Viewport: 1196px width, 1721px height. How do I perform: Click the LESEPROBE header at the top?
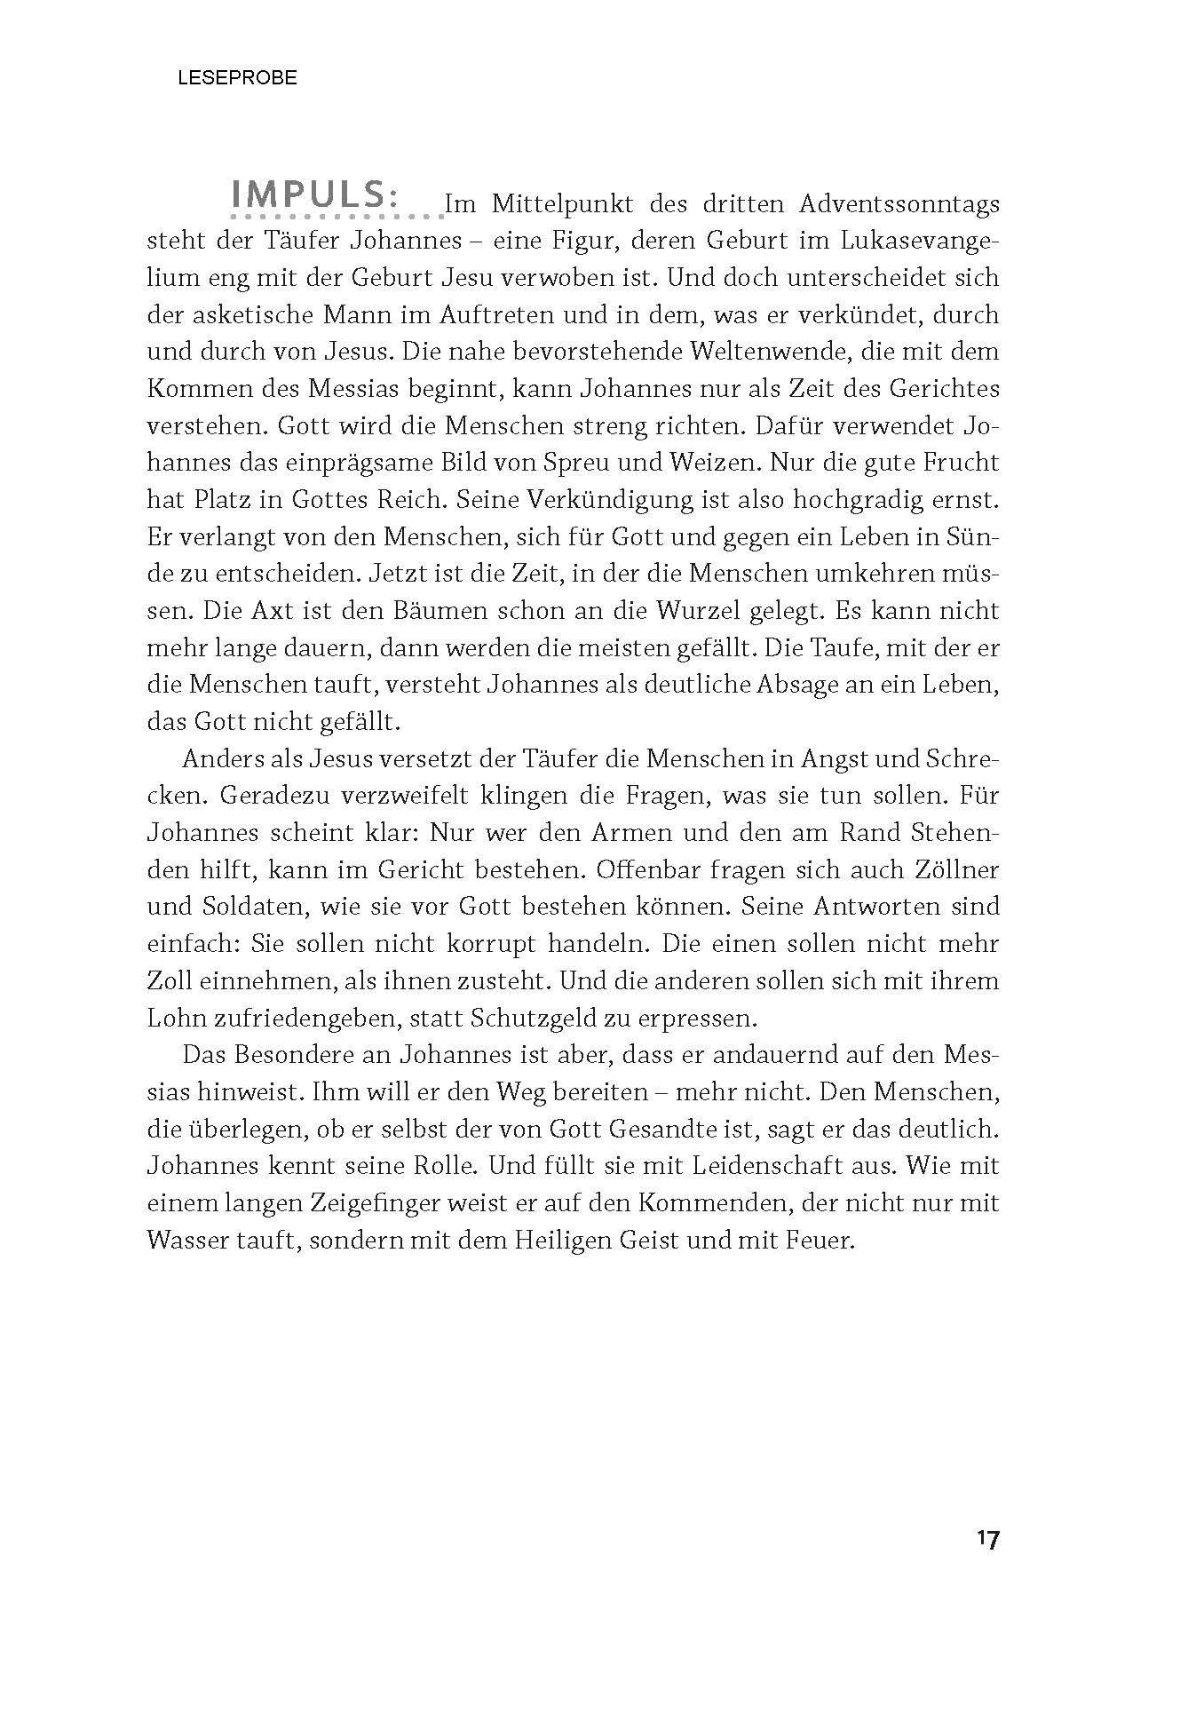(x=237, y=78)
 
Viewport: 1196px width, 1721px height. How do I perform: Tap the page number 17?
(x=987, y=1539)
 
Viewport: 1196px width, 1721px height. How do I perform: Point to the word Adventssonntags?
(x=899, y=205)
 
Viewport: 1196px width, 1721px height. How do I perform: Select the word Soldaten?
(x=249, y=908)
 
